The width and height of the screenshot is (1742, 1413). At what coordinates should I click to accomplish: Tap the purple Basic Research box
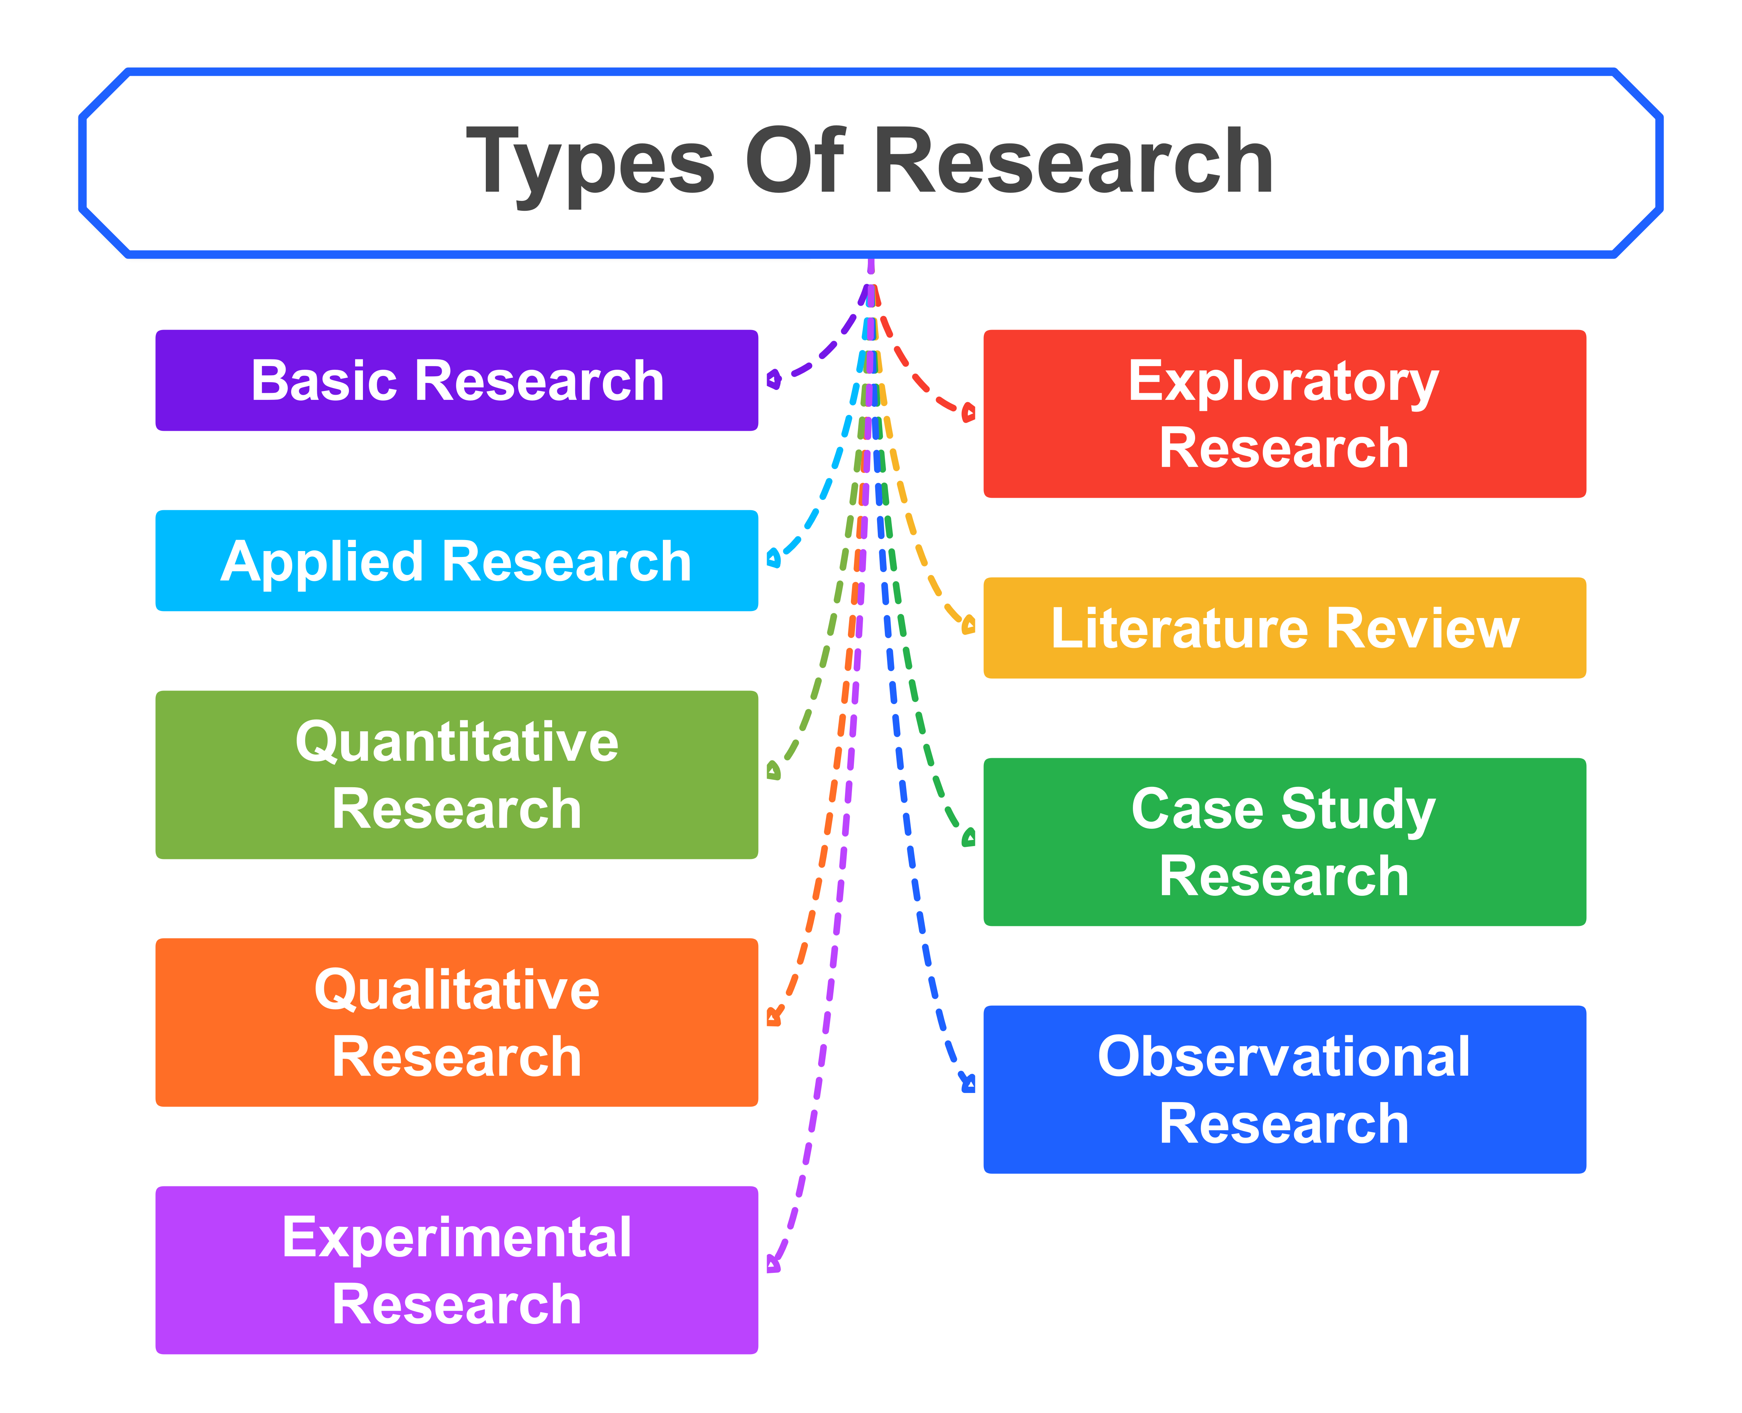(x=456, y=380)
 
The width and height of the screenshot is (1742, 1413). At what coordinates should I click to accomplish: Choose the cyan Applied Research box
(x=456, y=561)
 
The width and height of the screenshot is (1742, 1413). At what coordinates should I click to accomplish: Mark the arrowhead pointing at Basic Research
(x=774, y=379)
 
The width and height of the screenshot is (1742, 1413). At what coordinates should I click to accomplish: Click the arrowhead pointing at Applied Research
(x=774, y=558)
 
